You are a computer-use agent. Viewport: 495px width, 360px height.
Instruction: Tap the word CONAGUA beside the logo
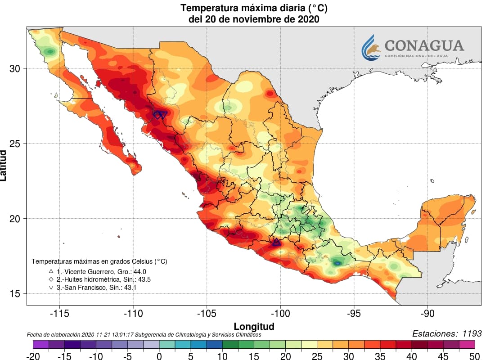pyautogui.click(x=424, y=45)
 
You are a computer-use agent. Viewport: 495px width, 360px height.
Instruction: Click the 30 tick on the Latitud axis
pyautogui.click(x=15, y=68)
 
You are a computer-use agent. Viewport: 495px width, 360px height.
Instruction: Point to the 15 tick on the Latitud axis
pyautogui.click(x=15, y=294)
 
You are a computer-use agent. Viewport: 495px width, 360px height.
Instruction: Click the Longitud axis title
pyautogui.click(x=254, y=326)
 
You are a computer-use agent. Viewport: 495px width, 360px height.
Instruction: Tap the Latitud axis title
pyautogui.click(x=4, y=165)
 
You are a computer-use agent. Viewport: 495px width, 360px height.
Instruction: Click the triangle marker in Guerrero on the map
pyautogui.click(x=276, y=243)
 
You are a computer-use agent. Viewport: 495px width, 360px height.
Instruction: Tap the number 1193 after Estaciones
pyautogui.click(x=470, y=333)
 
